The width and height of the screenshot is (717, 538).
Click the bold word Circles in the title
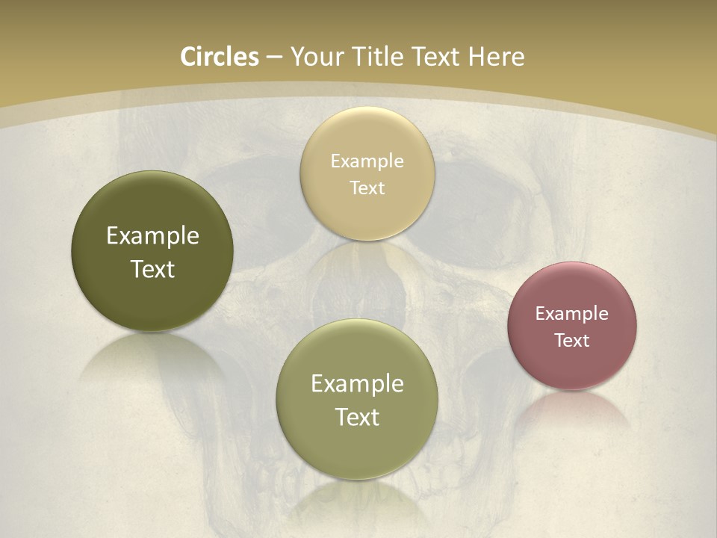pyautogui.click(x=220, y=56)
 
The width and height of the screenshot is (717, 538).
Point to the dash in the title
pyautogui.click(x=274, y=57)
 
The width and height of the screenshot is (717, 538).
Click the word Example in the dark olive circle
pyautogui.click(x=152, y=235)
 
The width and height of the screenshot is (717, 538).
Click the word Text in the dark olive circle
pyautogui.click(x=152, y=269)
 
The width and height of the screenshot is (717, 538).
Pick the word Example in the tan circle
pyautogui.click(x=367, y=161)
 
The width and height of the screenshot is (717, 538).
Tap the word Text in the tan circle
pyautogui.click(x=367, y=188)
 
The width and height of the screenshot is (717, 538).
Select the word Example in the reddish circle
pyautogui.click(x=572, y=313)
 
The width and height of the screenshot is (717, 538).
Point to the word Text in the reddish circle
pyautogui.click(x=572, y=340)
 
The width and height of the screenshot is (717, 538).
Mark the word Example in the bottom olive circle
pyautogui.click(x=357, y=383)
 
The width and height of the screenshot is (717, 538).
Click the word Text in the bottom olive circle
pyautogui.click(x=357, y=417)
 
